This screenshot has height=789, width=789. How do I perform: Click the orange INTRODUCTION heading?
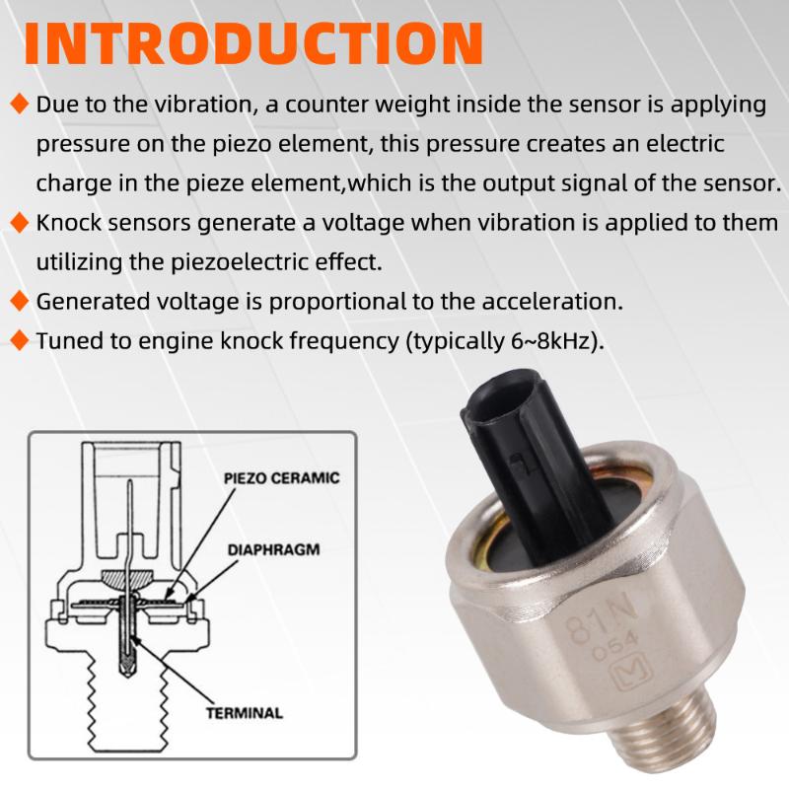pos(253,43)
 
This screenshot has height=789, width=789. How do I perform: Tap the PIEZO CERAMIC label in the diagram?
pos(282,478)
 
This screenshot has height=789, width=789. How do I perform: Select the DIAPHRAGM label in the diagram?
pos(274,549)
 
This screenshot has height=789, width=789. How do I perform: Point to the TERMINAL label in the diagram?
pos(245,713)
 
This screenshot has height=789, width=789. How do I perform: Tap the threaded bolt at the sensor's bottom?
pos(664,725)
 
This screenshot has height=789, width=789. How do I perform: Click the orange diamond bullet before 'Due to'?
pos(19,105)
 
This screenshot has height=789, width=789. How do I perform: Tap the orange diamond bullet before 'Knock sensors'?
pos(19,223)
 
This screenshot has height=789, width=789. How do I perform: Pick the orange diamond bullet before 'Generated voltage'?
pos(19,302)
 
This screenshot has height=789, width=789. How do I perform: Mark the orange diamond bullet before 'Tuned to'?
pos(19,340)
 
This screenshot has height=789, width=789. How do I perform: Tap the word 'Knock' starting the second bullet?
pos(68,223)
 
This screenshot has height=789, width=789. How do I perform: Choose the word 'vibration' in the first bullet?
pos(202,105)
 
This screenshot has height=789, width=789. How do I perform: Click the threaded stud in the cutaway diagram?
pos(128,704)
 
